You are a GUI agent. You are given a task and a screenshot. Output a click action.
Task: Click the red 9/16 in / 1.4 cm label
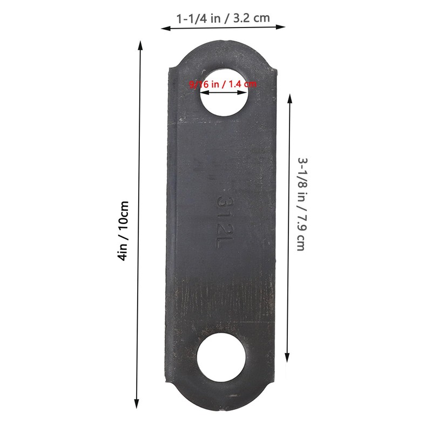(223, 84)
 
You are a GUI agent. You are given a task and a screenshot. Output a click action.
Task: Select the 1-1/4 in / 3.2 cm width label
(223, 18)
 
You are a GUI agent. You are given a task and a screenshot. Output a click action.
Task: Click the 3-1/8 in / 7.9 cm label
(302, 204)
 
